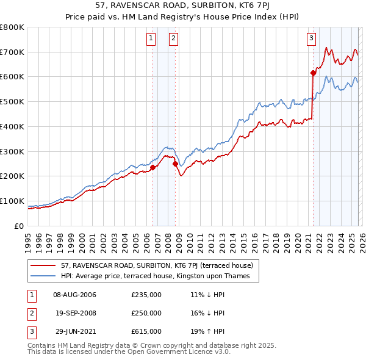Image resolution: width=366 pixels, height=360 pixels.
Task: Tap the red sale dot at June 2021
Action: coord(313,73)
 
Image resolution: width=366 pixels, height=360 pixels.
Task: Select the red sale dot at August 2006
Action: coord(152,168)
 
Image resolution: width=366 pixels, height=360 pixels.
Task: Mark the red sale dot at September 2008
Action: coord(175,164)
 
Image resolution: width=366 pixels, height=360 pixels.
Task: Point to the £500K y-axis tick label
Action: coord(12,102)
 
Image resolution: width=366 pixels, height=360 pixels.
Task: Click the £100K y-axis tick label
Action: coord(12,201)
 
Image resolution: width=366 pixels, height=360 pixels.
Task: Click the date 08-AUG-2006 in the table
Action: coord(74,295)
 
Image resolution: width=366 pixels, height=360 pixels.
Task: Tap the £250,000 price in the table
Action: coord(146,313)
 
